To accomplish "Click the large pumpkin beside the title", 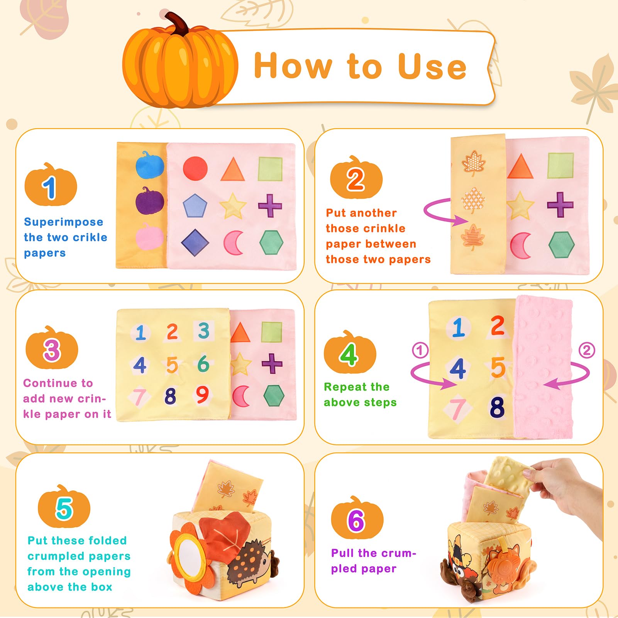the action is [x=180, y=62].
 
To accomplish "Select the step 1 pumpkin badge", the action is [x=51, y=185].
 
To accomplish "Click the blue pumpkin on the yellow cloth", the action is [x=150, y=165].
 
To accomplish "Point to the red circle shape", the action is [x=195, y=169].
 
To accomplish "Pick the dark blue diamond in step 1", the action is [x=195, y=243].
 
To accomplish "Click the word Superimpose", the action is [x=64, y=222].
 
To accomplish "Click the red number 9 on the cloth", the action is [x=202, y=395].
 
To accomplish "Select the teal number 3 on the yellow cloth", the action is [x=203, y=331].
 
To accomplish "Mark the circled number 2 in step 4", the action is [x=587, y=350].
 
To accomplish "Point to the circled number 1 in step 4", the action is [x=420, y=350].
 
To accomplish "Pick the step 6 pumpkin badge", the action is [x=357, y=518].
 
